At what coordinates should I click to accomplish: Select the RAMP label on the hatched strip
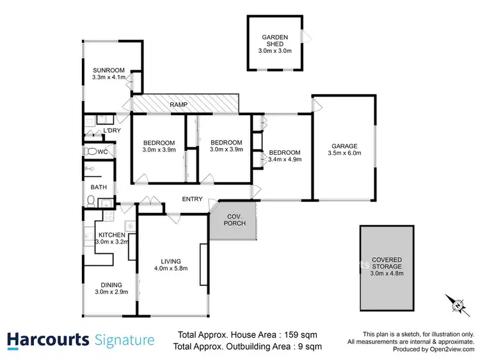tap(179, 104)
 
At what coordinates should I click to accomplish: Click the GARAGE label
tap(344, 145)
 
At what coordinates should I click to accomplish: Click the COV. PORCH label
tap(235, 220)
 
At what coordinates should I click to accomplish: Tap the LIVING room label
tap(171, 261)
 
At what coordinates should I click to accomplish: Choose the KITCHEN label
tap(111, 235)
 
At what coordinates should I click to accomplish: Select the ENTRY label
tap(192, 200)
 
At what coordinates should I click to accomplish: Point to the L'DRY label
tap(112, 131)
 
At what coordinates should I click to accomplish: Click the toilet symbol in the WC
tap(91, 152)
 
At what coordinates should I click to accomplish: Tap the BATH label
tap(99, 187)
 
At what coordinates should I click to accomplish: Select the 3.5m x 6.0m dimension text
tap(344, 153)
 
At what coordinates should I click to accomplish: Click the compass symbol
tap(457, 304)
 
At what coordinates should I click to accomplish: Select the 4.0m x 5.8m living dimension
tap(171, 269)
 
